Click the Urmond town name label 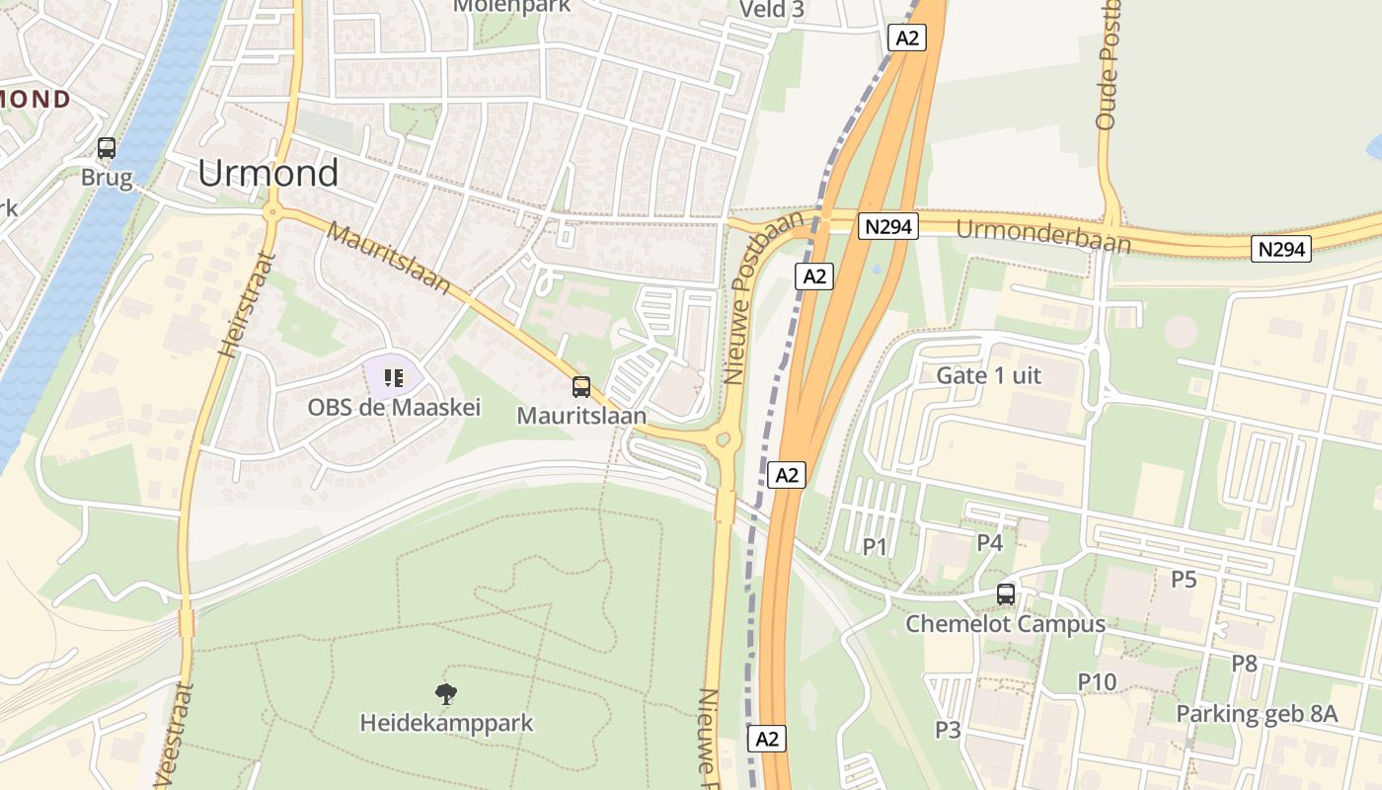[268, 173]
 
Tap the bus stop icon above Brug [107, 149]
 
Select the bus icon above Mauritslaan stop [581, 387]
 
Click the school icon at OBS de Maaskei [394, 377]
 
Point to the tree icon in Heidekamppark [446, 694]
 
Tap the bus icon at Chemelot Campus [1006, 594]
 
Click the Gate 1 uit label [988, 375]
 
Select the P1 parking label [875, 547]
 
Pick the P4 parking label [989, 542]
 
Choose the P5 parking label [1184, 579]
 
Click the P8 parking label [1244, 663]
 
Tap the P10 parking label [1096, 681]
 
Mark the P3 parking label [948, 730]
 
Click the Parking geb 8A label [1257, 714]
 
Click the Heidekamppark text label [446, 723]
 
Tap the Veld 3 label [772, 10]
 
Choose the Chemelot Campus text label [1006, 624]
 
